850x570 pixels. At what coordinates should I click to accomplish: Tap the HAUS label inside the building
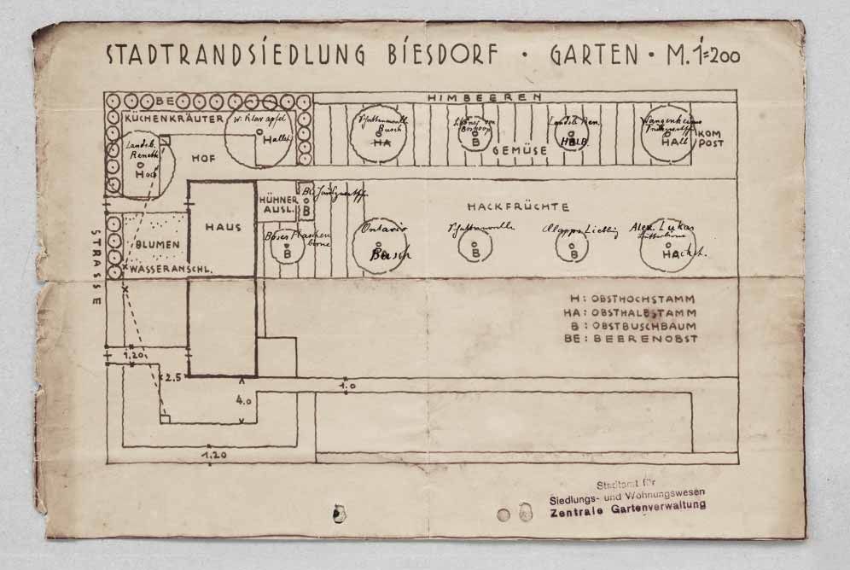[221, 227]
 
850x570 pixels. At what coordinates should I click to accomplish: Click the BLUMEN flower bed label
[155, 245]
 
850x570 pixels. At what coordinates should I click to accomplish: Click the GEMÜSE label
[517, 148]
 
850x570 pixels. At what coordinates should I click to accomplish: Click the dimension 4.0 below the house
[243, 398]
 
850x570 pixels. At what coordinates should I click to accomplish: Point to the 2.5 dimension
[173, 375]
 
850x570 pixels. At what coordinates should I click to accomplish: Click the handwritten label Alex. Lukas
[662, 227]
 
